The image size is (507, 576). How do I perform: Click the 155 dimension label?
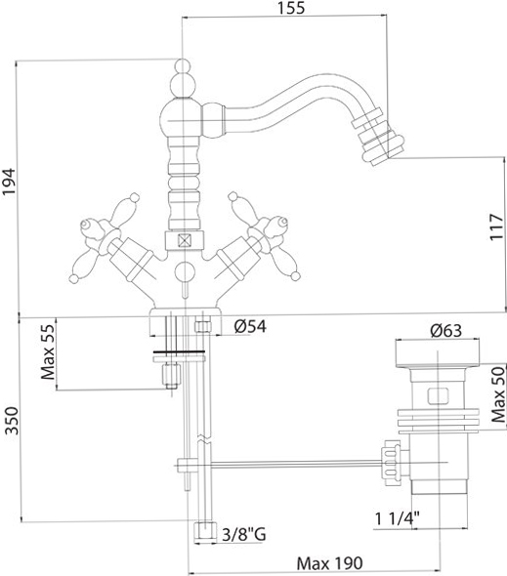coord(291,8)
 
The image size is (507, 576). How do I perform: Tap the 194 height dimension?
coord(9,182)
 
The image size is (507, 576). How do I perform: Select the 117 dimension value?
coord(497,227)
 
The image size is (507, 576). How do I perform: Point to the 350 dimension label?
coord(12,421)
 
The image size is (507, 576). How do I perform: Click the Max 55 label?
coord(48,351)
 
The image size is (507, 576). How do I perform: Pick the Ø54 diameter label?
coord(250,326)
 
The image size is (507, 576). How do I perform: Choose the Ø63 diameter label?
coord(446,331)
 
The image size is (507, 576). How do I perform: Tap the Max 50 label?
coord(498,394)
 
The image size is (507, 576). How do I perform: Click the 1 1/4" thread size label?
coord(397,518)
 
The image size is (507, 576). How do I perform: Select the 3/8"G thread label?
coord(244,534)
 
